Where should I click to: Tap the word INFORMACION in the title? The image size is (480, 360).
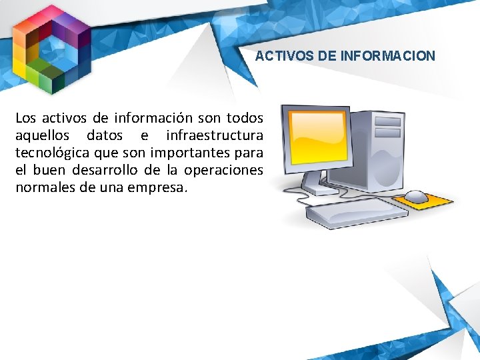coord(387,56)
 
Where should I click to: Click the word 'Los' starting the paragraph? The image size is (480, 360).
coord(25,119)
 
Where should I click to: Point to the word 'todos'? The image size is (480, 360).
coord(245,119)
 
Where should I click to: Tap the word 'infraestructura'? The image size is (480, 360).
coord(215,136)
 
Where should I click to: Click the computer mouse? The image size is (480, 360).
coord(417,197)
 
